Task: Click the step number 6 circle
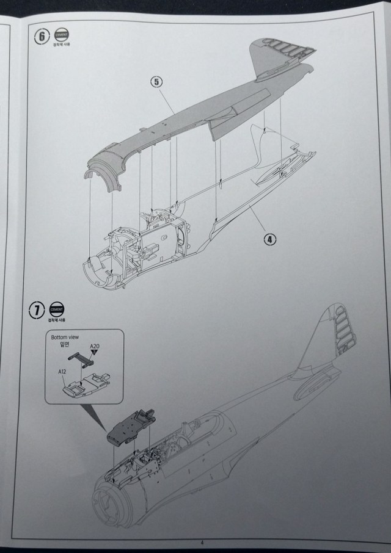pos(42,36)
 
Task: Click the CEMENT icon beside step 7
pos(57,309)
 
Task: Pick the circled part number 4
pos(270,239)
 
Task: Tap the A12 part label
pos(63,371)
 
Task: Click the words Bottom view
pos(66,337)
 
